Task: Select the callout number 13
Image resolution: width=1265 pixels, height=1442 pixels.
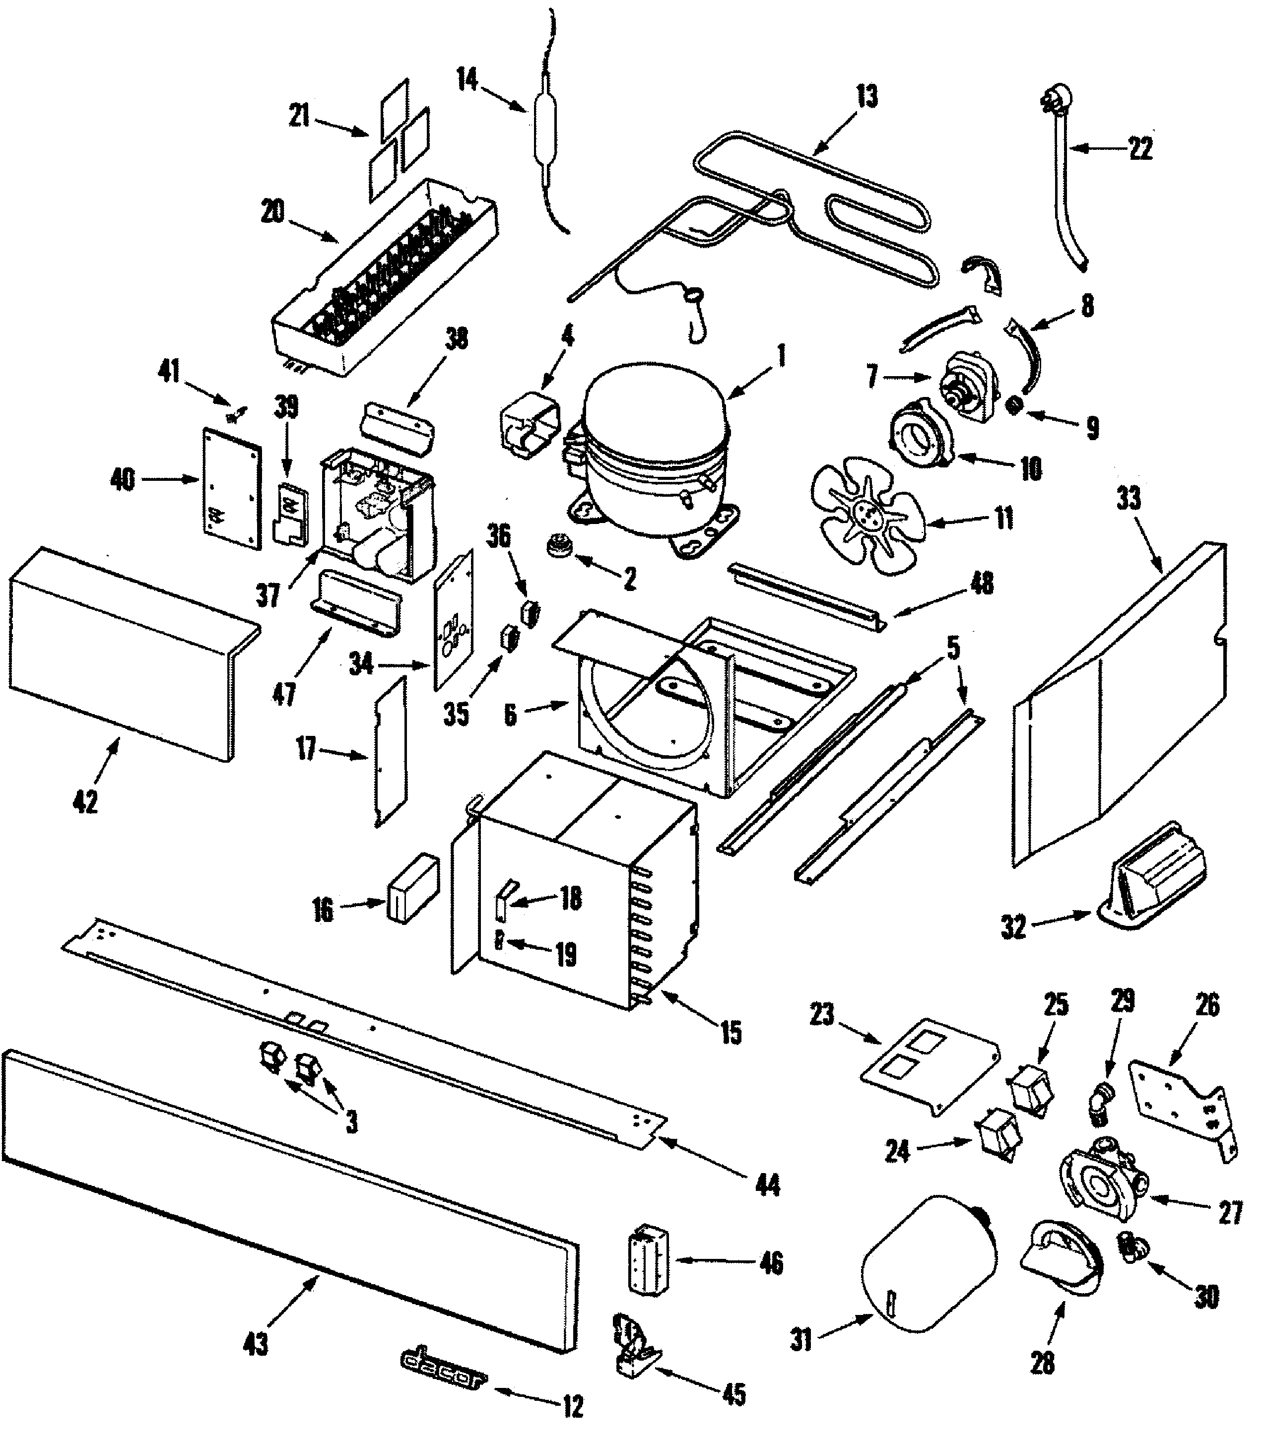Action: tap(866, 97)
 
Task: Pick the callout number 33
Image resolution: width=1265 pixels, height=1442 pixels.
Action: tap(1128, 498)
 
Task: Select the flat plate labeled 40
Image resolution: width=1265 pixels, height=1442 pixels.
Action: tap(231, 488)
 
